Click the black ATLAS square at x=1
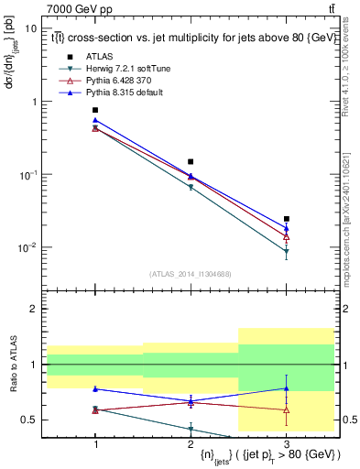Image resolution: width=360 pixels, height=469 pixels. pos(95,110)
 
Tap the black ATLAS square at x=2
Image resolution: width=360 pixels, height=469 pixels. pos(191,161)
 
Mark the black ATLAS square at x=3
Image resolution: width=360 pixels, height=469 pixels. pos(287,219)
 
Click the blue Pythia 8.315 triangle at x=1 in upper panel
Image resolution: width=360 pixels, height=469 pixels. pos(95,120)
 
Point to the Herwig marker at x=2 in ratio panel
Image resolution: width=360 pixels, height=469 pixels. pos(191,429)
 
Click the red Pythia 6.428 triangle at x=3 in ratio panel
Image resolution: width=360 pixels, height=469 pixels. pos(287,410)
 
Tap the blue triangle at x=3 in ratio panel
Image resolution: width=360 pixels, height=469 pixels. pos(287,388)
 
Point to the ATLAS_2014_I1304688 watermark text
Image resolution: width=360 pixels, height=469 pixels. pos(191,274)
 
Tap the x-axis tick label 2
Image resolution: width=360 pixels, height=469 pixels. pos(191,443)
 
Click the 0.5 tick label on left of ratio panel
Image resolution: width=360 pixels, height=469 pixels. pos(33,420)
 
